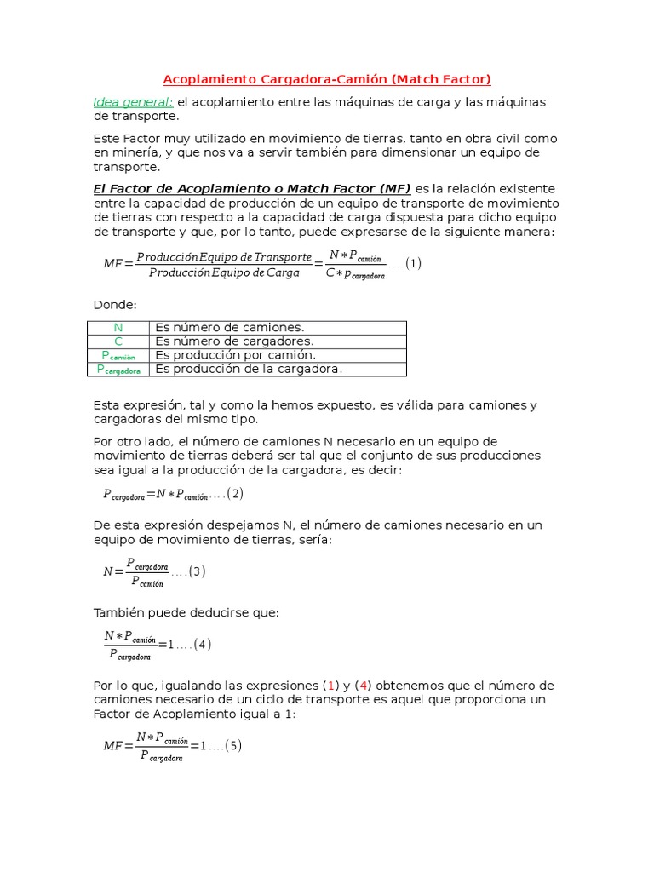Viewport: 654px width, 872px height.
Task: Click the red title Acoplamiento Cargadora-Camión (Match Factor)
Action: click(x=327, y=79)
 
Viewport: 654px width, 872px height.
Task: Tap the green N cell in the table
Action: click(x=118, y=328)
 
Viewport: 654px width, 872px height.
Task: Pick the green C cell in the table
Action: click(x=118, y=341)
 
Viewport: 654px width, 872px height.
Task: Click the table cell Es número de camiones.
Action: click(x=229, y=328)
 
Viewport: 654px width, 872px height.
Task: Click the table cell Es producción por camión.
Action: click(x=235, y=355)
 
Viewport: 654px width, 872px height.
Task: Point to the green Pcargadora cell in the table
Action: click(x=118, y=370)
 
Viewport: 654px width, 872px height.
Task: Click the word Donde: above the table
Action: click(x=115, y=304)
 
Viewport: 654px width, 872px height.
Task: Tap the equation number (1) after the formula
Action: click(x=413, y=264)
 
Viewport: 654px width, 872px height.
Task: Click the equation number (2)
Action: click(x=235, y=494)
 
